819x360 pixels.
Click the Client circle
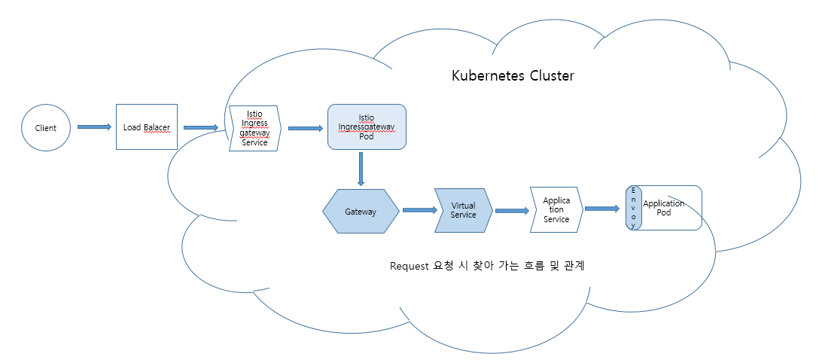point(46,127)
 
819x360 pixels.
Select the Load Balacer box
point(146,127)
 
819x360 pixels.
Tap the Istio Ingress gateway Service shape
point(254,128)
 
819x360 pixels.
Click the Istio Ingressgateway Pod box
point(367,127)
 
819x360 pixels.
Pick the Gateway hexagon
point(361,212)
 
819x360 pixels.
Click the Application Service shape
point(556,209)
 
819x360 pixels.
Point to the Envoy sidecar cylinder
point(634,208)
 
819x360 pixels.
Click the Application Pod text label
point(664,208)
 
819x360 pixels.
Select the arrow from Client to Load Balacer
point(94,127)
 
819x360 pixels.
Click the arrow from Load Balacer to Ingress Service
point(201,128)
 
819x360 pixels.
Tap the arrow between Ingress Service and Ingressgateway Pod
point(305,128)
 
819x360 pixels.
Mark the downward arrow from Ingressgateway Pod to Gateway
point(361,169)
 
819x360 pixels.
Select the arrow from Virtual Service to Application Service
point(512,212)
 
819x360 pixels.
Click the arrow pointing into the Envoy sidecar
point(604,209)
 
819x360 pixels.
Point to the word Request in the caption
point(409,266)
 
